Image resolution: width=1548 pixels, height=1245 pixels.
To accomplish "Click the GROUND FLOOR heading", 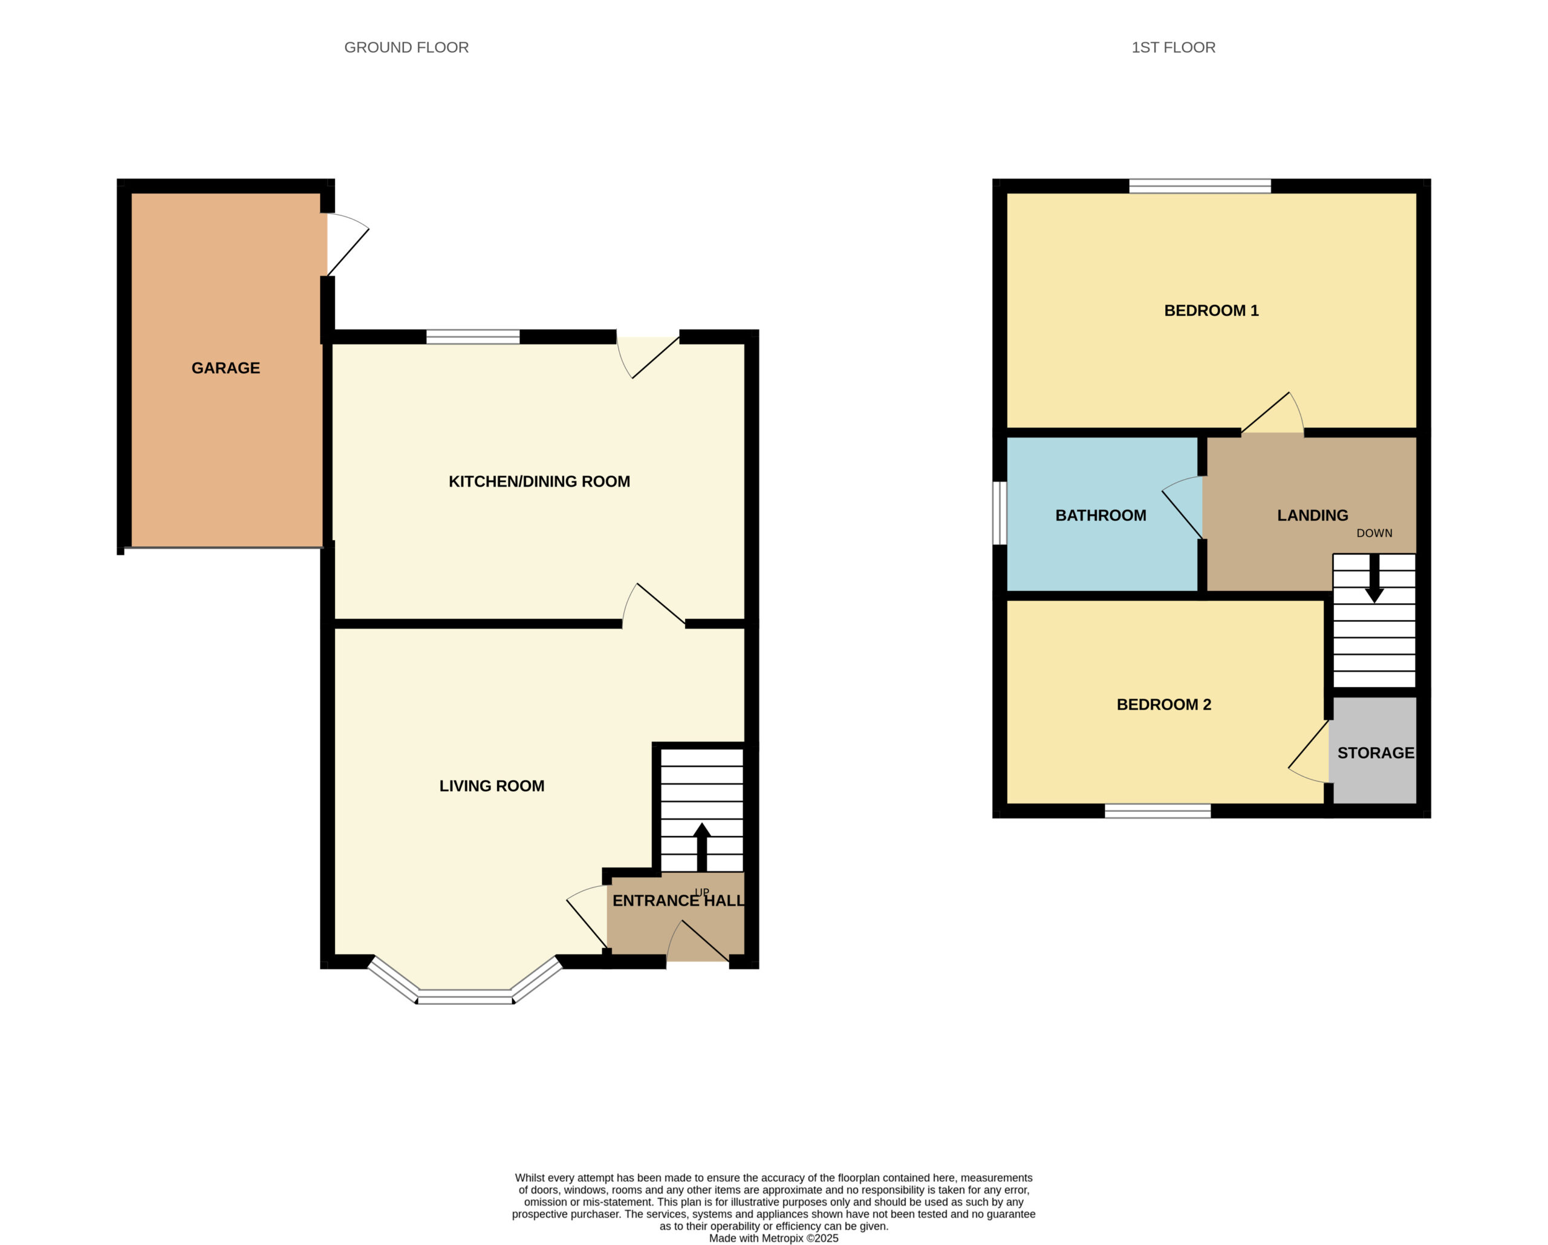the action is (406, 47).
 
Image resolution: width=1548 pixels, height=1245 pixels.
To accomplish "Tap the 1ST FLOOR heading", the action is (1173, 47).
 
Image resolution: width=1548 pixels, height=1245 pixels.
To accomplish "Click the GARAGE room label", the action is (226, 368).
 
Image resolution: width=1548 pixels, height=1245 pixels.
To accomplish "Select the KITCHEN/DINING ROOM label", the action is (539, 482).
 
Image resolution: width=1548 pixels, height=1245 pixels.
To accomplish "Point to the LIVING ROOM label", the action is (492, 786).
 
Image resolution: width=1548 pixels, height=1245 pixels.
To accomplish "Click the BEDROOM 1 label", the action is (1211, 310).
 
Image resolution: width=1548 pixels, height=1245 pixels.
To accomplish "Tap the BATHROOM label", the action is (1101, 515).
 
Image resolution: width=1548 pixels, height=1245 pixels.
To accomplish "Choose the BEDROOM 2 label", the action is (1164, 704).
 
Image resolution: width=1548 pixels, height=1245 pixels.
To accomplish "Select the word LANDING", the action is (1313, 515).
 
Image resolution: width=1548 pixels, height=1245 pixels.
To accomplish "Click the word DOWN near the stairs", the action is (1374, 533).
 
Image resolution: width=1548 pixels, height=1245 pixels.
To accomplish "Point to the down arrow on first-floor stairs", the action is (1374, 578).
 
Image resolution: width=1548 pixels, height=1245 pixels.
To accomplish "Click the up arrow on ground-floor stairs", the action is (701, 847).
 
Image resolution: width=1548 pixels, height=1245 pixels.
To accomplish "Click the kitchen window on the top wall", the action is (472, 337).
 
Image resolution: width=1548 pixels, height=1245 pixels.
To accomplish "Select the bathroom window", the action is (1000, 513).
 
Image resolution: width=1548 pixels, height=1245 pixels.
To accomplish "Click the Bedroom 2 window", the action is (1157, 811).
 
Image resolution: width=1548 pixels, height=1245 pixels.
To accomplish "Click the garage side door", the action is (348, 244).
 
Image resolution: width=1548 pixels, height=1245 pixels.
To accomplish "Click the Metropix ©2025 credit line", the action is (773, 1238).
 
